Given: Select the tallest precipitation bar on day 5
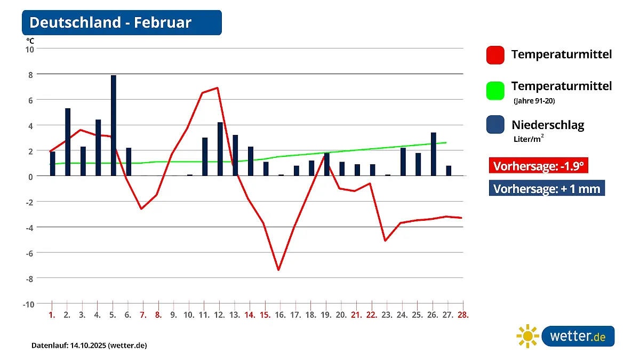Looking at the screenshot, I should pyautogui.click(x=114, y=125).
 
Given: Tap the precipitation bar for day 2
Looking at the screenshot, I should pyautogui.click(x=68, y=142).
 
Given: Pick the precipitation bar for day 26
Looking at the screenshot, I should pyautogui.click(x=434, y=154).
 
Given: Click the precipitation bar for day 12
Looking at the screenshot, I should pyautogui.click(x=220, y=149).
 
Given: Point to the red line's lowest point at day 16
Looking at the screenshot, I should pyautogui.click(x=278, y=270).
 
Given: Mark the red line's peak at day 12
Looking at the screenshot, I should pyautogui.click(x=218, y=87).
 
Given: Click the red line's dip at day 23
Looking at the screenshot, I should pyautogui.click(x=385, y=241).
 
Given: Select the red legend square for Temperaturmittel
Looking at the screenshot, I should pyautogui.click(x=495, y=55).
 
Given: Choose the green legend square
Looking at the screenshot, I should pyautogui.click(x=495, y=90).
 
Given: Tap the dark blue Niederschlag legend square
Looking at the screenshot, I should pyautogui.click(x=495, y=125).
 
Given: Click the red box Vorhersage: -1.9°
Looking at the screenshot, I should pyautogui.click(x=539, y=166).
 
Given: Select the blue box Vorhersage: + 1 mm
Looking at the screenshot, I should pyautogui.click(x=547, y=188).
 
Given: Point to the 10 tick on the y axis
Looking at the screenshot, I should pyautogui.click(x=30, y=49).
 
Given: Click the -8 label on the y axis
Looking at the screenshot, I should pyautogui.click(x=29, y=278).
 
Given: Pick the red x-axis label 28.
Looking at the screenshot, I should pyautogui.click(x=463, y=315).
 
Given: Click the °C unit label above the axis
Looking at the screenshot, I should pyautogui.click(x=30, y=40).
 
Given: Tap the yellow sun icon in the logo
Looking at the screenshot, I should pyautogui.click(x=527, y=336).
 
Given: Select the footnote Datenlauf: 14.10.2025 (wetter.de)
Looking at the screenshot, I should pyautogui.click(x=89, y=346).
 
